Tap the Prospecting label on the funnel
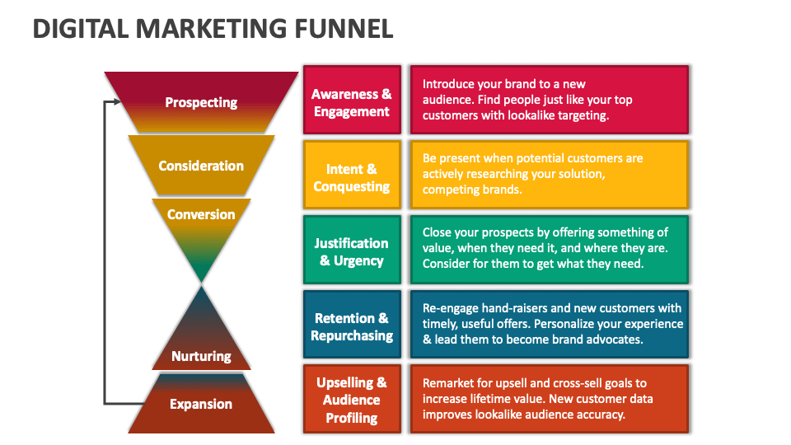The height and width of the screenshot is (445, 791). coord(201,102)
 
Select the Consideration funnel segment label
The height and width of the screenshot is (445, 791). coord(201,166)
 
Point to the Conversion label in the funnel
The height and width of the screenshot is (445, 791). coord(201,214)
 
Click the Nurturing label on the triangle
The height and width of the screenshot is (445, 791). coord(201,356)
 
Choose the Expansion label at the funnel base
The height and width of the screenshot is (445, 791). coord(201,404)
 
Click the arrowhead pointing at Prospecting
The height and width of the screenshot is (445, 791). coord(116,102)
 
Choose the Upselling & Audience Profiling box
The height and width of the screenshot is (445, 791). coord(352,400)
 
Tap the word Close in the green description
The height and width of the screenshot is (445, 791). coord(438,232)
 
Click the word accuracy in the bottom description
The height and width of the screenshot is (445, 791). coord(602,415)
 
